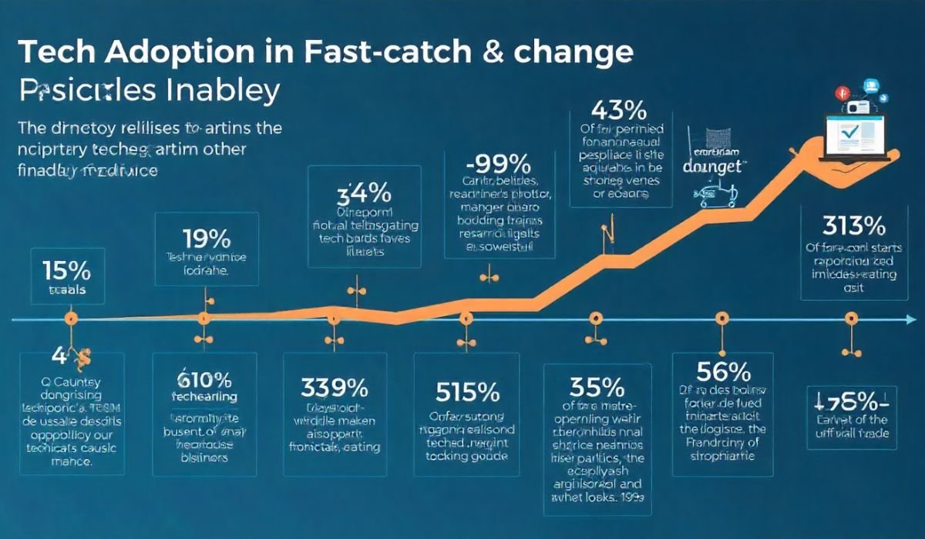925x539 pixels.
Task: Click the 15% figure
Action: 67,272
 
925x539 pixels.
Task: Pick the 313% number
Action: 853,226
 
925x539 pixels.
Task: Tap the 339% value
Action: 333,385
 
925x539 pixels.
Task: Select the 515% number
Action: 467,392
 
